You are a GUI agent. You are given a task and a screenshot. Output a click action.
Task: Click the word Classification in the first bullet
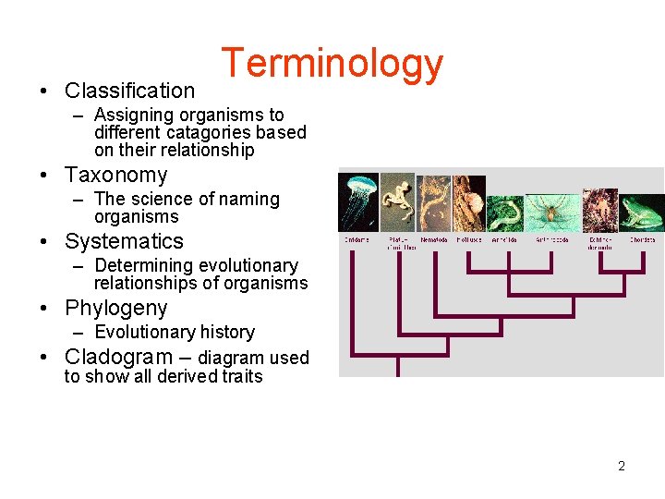pos(129,91)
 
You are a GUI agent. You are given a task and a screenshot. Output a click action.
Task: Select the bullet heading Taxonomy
pos(115,175)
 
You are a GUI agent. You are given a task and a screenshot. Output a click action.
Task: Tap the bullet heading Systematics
pos(124,241)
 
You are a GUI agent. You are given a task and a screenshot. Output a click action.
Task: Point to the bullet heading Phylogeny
pos(115,308)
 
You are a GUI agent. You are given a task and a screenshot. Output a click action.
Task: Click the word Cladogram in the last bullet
pos(118,357)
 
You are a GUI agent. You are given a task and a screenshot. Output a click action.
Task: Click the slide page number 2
pos(621,466)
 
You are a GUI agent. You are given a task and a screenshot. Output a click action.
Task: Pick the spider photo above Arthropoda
pos(552,213)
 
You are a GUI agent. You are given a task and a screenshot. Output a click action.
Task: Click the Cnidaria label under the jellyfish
pos(358,240)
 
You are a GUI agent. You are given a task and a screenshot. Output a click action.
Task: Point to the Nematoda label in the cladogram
pos(433,240)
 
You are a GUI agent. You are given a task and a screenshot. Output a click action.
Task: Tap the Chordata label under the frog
pos(643,240)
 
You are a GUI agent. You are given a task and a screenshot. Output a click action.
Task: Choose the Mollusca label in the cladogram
pos(468,240)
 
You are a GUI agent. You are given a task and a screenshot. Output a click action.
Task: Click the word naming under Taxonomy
pos(250,199)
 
